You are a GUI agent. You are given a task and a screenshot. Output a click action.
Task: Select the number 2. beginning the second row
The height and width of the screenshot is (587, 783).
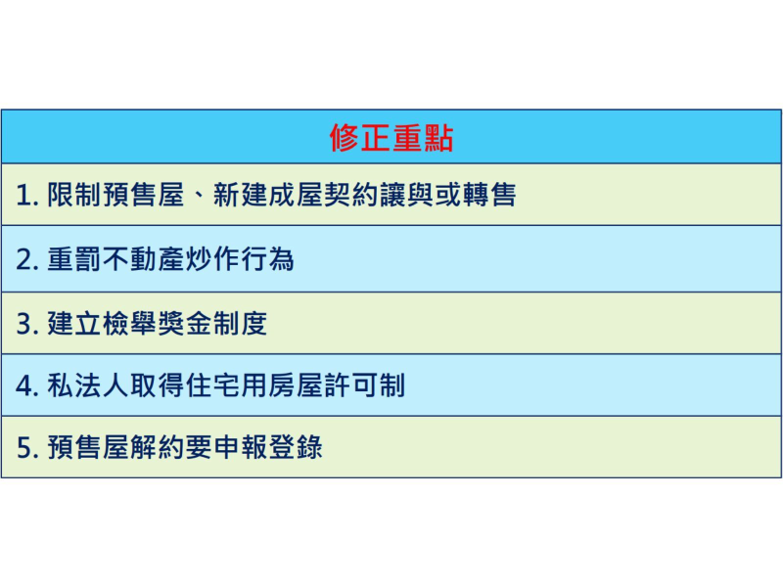pos(26,260)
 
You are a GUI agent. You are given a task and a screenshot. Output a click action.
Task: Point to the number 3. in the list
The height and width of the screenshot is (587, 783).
pos(26,324)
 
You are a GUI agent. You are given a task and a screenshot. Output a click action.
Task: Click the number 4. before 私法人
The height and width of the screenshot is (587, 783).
pos(26,386)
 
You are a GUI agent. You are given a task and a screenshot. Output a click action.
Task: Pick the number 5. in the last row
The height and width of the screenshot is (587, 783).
pos(26,449)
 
